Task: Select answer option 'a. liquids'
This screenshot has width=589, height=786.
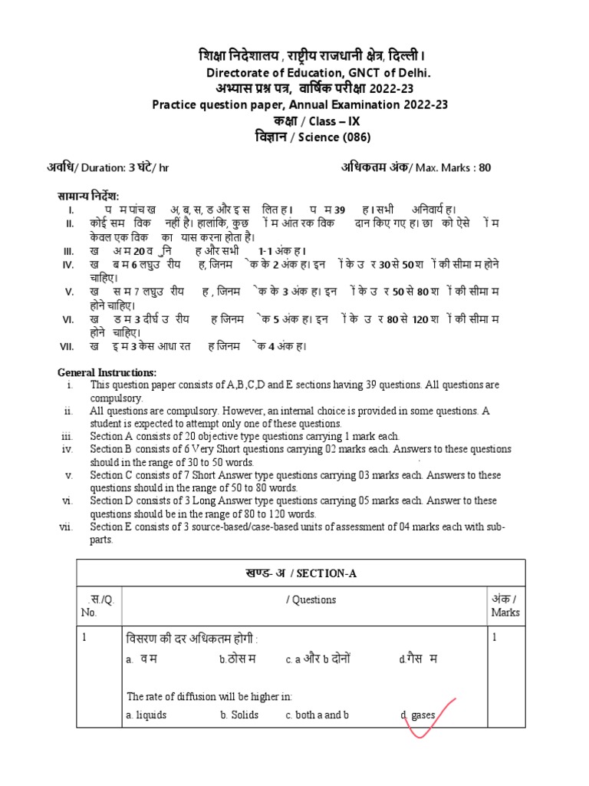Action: click(146, 715)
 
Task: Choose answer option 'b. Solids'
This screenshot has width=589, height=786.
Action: click(239, 715)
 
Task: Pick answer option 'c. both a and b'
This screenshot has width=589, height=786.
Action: click(318, 715)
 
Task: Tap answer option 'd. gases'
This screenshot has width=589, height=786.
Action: click(417, 715)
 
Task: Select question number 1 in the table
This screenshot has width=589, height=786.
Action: click(85, 636)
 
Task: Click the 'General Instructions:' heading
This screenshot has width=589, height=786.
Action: click(107, 372)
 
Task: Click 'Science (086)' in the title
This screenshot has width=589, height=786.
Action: click(334, 137)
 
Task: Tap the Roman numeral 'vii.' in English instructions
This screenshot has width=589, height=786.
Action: click(65, 527)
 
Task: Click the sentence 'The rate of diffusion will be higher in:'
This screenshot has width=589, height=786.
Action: click(209, 696)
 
